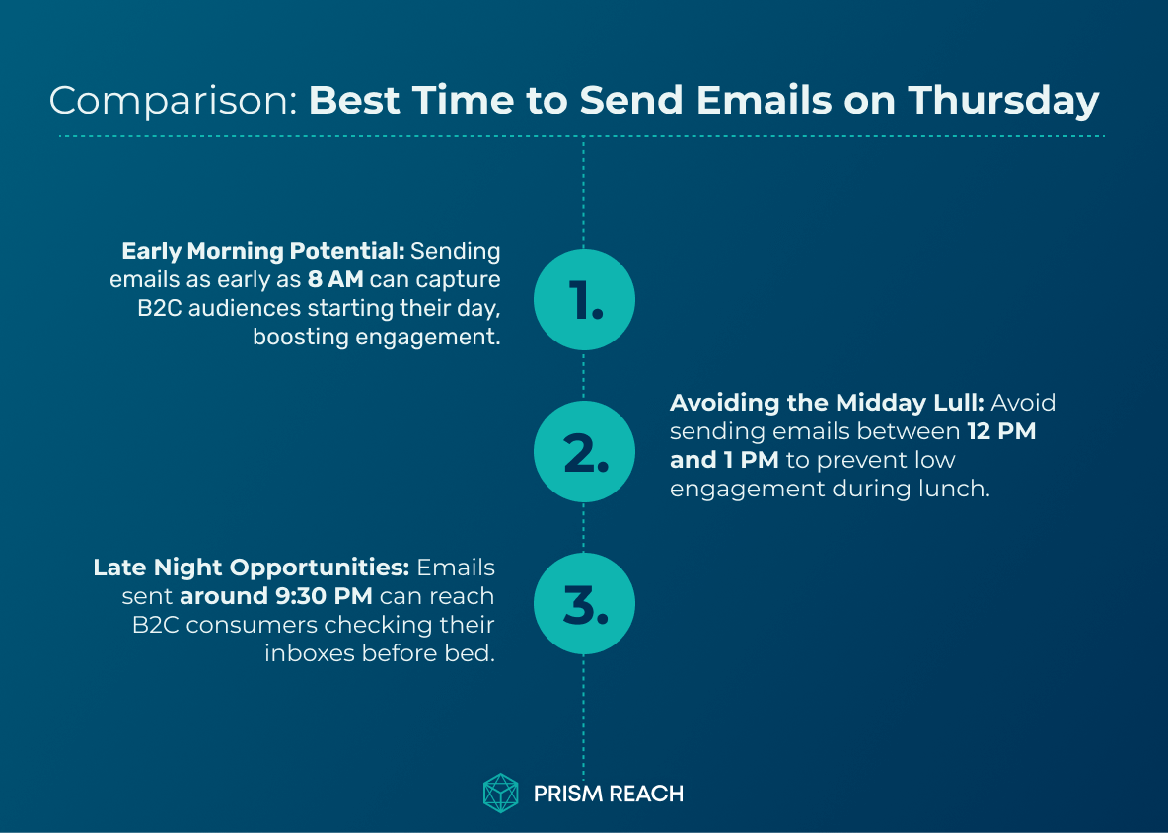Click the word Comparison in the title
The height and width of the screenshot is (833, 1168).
(x=173, y=101)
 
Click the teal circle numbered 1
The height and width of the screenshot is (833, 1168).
(x=584, y=300)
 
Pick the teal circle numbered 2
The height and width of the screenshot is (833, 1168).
(x=584, y=452)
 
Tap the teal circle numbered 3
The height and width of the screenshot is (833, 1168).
(x=584, y=604)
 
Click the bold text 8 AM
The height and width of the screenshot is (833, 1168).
(x=335, y=280)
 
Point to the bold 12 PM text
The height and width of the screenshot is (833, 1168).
(x=1000, y=431)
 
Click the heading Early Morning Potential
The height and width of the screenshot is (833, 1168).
(x=262, y=252)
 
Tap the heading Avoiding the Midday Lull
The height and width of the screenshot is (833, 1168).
(x=828, y=403)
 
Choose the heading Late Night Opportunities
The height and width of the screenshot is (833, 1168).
(x=252, y=568)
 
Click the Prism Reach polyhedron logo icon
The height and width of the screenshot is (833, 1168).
(x=501, y=793)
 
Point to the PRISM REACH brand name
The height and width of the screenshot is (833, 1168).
(x=608, y=794)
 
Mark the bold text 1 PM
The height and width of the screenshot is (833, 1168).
(x=753, y=460)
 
